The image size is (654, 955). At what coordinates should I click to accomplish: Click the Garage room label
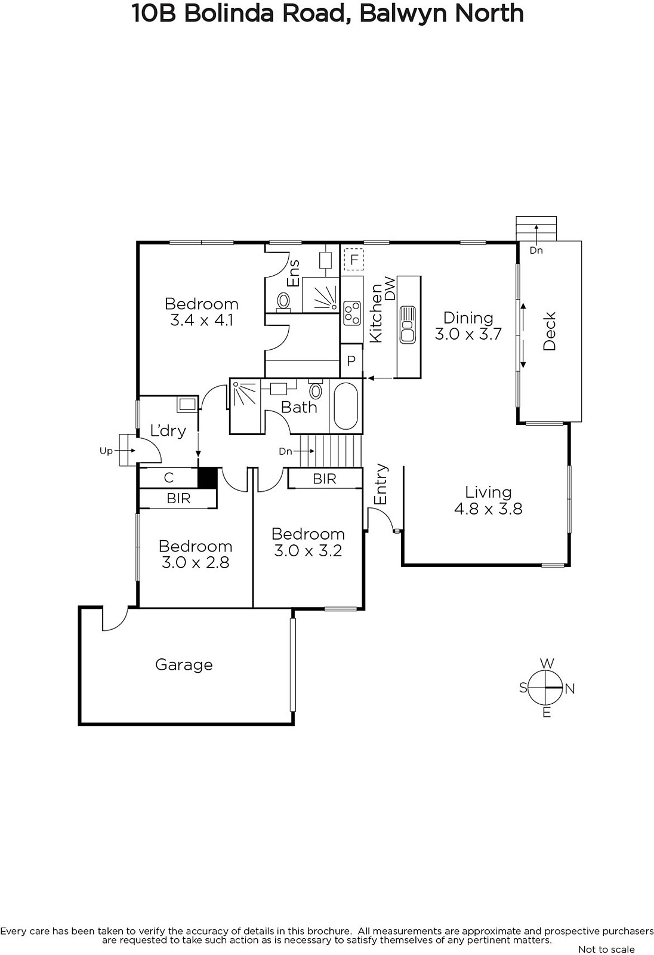184,665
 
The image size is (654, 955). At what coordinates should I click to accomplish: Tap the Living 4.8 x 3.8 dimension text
488,509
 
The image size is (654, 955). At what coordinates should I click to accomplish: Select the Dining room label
468,318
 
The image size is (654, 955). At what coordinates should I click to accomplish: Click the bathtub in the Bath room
345,406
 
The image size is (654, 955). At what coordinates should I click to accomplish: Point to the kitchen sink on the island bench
408,325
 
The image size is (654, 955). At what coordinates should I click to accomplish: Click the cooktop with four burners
351,313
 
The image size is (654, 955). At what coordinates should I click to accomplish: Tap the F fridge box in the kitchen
353,259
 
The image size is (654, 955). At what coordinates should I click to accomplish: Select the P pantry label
351,361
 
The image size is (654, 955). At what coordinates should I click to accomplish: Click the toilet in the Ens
283,301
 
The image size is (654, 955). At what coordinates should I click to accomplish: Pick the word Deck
550,331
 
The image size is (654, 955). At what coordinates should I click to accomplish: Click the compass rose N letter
570,689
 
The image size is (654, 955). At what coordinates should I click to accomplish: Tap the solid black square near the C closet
208,478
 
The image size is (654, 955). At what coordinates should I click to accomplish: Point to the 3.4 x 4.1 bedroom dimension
202,320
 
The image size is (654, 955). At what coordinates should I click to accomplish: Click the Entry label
380,484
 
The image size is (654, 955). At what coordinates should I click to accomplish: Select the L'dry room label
168,430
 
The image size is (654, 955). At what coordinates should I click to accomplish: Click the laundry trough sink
187,403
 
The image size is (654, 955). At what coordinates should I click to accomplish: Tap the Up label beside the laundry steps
106,451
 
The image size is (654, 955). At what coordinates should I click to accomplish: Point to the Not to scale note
606,949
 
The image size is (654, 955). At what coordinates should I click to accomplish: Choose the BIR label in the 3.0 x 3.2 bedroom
325,479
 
